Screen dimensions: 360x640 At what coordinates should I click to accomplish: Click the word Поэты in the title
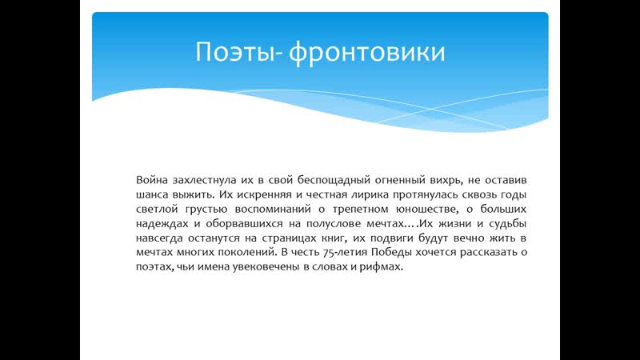pos(230,52)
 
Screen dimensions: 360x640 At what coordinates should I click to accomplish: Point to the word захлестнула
pos(206,180)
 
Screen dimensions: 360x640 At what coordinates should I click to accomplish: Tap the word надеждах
pos(159,223)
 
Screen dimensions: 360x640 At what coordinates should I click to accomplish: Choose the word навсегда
pos(161,238)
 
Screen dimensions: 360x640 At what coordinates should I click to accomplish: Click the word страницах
pos(286,238)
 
